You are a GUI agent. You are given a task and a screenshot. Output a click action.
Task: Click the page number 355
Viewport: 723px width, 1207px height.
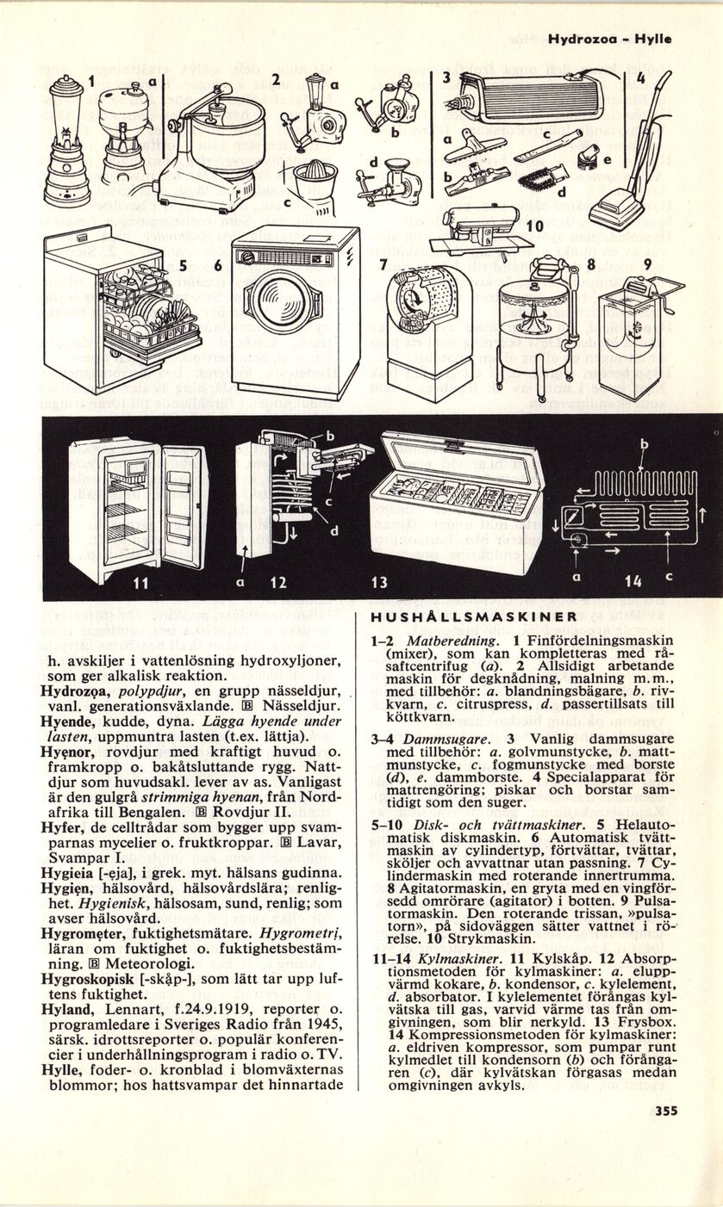[x=665, y=1111]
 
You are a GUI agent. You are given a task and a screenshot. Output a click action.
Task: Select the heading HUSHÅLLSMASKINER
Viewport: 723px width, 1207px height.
[x=473, y=616]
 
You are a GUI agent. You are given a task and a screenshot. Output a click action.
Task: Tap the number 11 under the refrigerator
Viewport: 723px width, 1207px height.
[x=143, y=584]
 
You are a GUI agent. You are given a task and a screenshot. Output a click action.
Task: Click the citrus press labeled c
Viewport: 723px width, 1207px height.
[x=315, y=185]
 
